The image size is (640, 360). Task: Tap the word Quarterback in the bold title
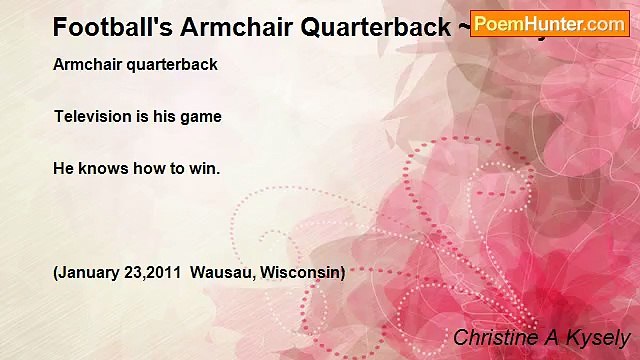369,27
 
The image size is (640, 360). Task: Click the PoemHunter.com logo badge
550,24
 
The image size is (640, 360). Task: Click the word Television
92,116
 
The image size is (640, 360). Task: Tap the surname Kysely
598,339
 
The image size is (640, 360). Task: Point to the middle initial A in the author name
552,338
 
